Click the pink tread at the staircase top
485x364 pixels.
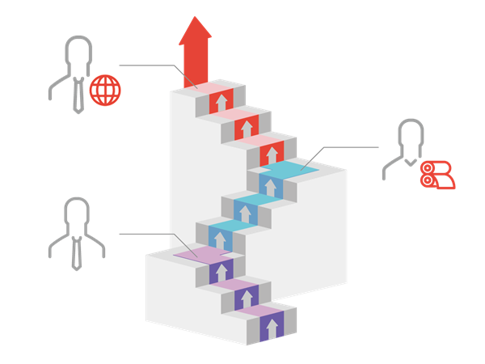click(209, 87)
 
